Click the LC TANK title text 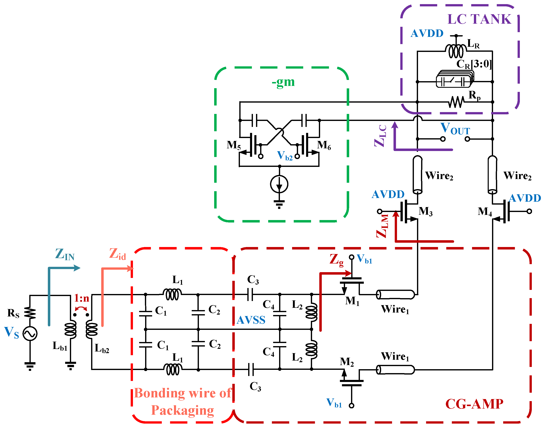pyautogui.click(x=479, y=19)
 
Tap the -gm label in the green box pyautogui.click(x=283, y=82)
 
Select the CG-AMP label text pyautogui.click(x=474, y=404)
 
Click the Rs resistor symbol pyautogui.click(x=30, y=313)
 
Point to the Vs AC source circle pyautogui.click(x=30, y=333)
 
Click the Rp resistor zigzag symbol pyautogui.click(x=456, y=102)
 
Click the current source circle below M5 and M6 pyautogui.click(x=279, y=184)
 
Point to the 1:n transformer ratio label pyautogui.click(x=82, y=298)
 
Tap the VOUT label pyautogui.click(x=455, y=129)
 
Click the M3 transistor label pyautogui.click(x=425, y=211)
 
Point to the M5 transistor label pyautogui.click(x=234, y=145)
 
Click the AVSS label pyautogui.click(x=251, y=320)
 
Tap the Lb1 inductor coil pyautogui.click(x=70, y=329)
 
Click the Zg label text pyautogui.click(x=336, y=260)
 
